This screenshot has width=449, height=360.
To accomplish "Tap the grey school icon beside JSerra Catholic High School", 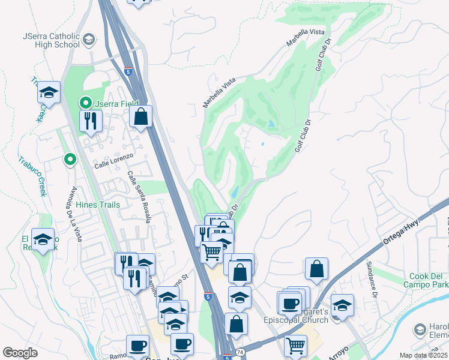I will tap(88, 40).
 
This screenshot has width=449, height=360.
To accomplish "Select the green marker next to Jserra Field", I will tap(86, 103).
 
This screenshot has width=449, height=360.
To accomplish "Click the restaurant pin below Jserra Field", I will tap(91, 121).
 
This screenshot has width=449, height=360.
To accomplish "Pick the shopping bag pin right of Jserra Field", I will tap(140, 117).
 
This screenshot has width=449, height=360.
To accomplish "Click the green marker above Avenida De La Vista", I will tap(70, 159).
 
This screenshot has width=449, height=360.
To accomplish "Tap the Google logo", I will tap(20, 353).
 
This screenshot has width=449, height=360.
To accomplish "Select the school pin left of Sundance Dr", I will tap(342, 305).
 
